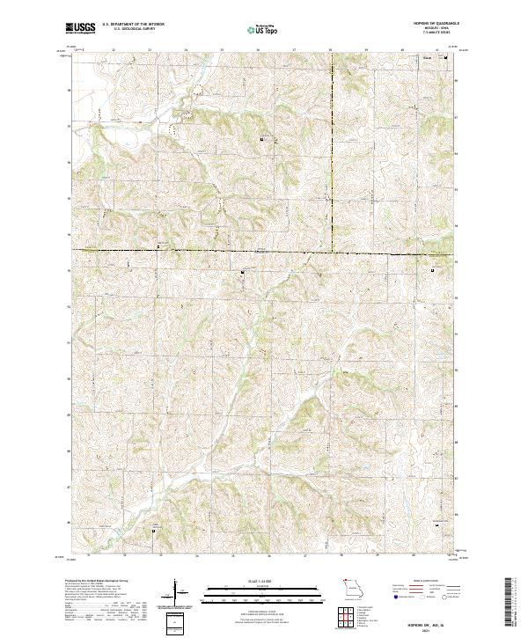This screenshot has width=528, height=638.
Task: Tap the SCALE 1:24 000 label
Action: (x=263, y=581)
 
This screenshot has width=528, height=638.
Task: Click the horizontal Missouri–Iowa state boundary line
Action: (x=220, y=253)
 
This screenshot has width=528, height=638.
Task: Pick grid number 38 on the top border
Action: (x=331, y=50)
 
